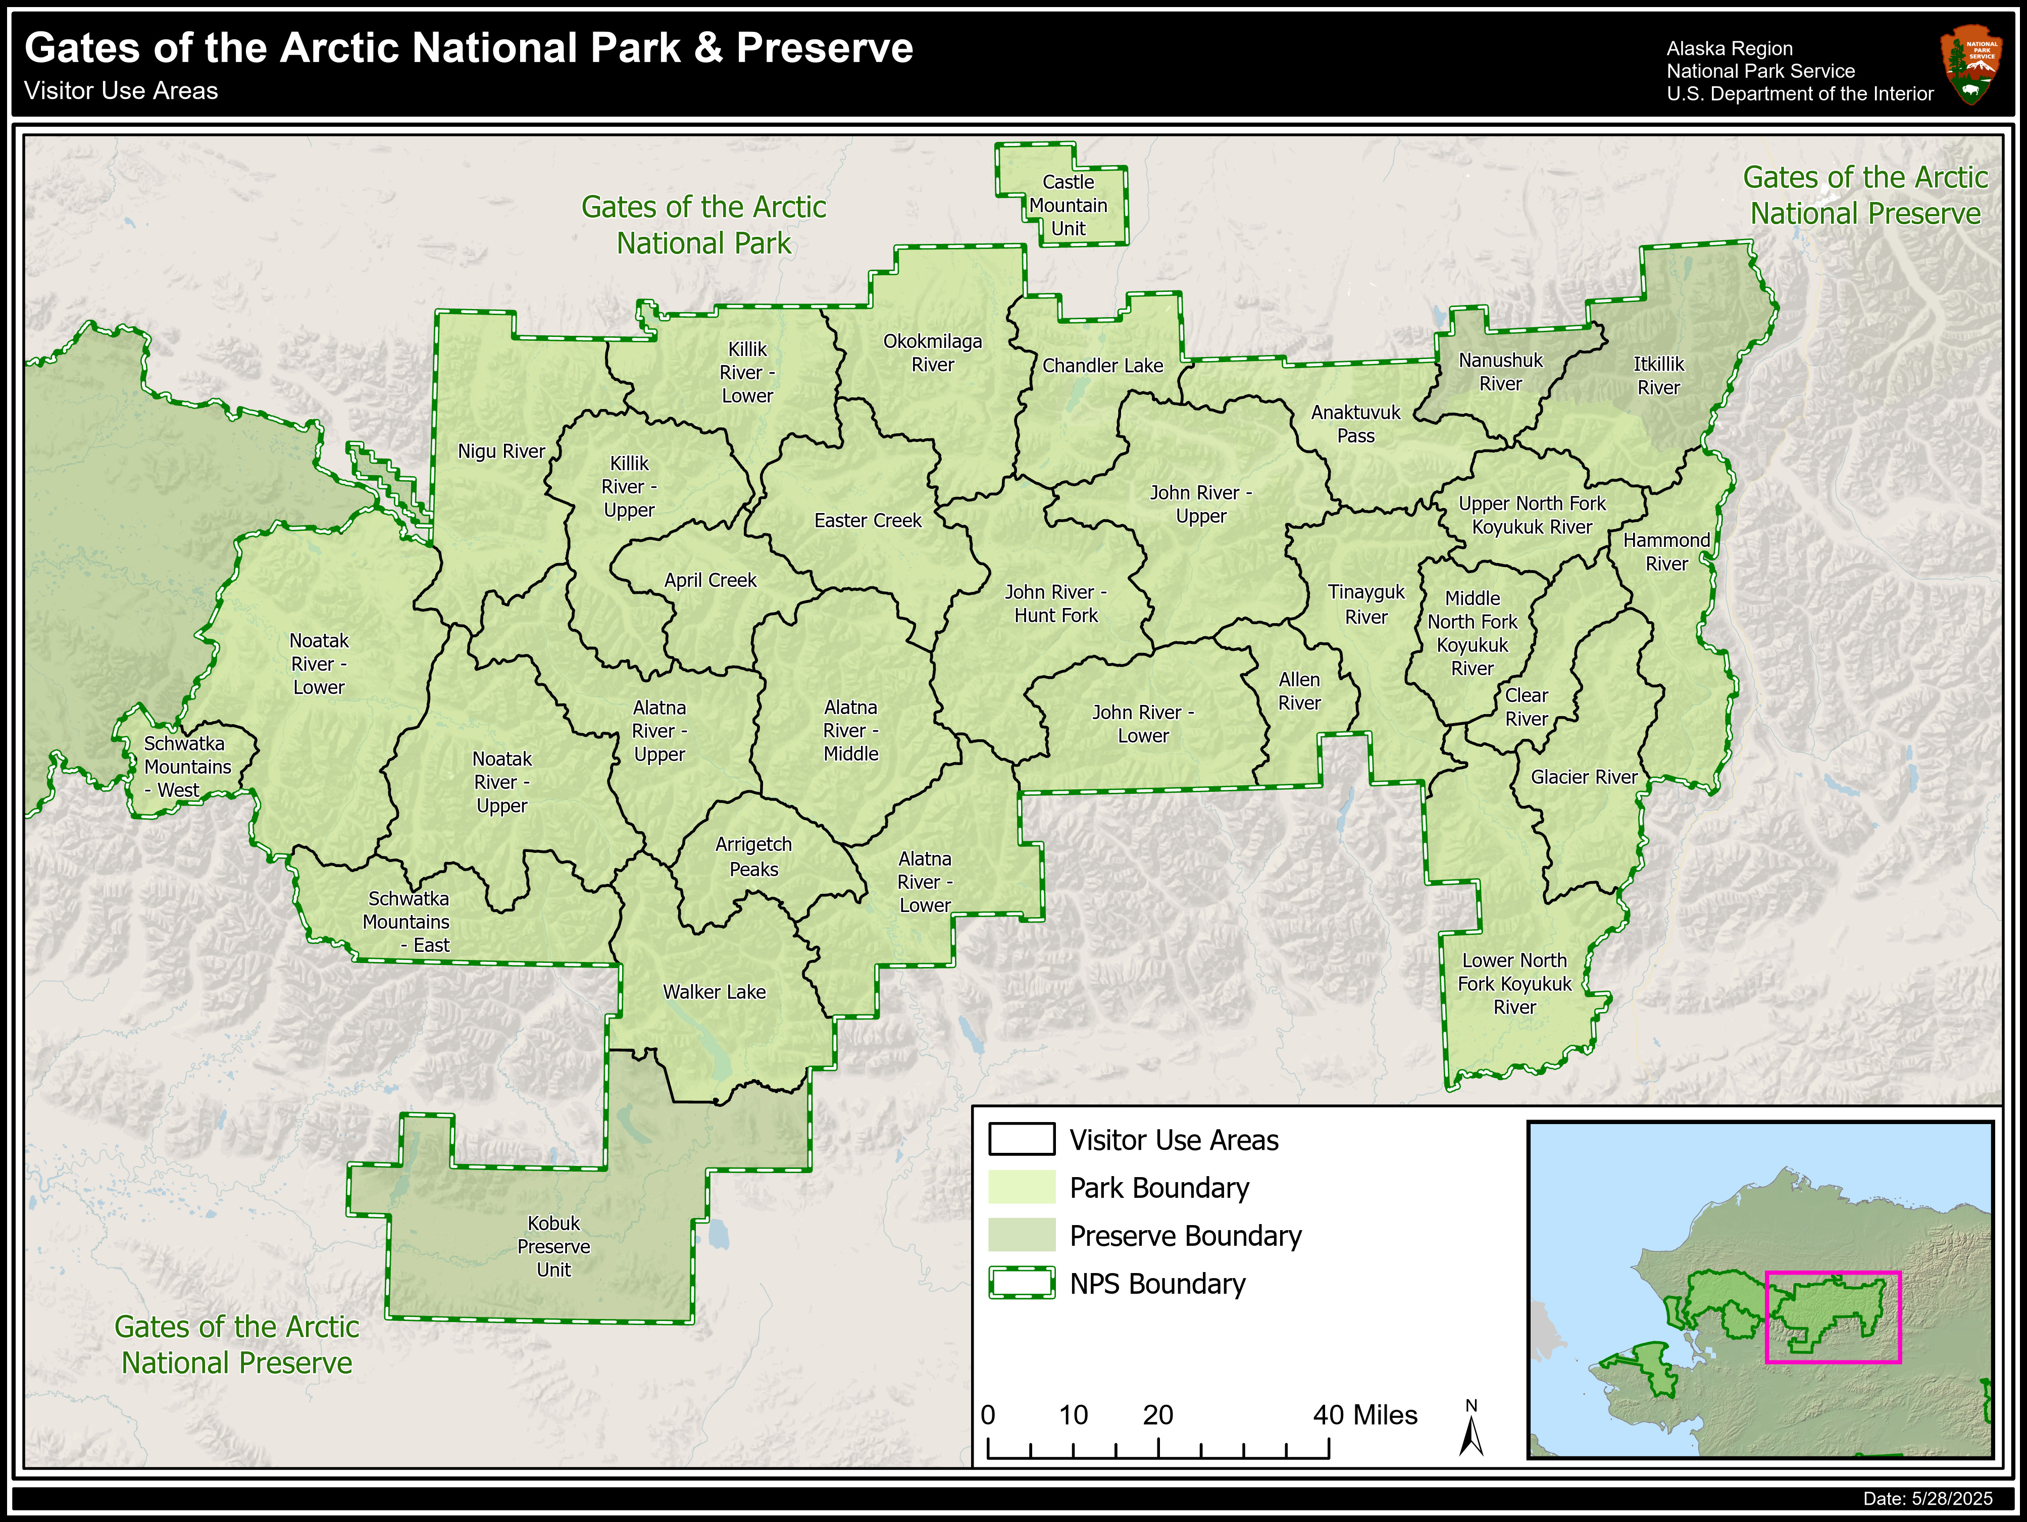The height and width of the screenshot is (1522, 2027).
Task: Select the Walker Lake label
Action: tap(714, 991)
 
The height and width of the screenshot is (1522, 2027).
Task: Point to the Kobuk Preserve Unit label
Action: tap(553, 1246)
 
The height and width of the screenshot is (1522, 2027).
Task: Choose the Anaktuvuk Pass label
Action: tap(1355, 423)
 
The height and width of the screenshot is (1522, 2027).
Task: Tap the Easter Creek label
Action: tap(868, 521)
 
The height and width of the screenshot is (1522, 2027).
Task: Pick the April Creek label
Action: tap(710, 580)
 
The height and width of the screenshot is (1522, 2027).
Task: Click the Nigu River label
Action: tap(501, 451)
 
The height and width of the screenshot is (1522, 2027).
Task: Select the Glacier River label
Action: tap(1584, 777)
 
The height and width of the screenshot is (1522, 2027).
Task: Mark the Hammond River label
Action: tap(1666, 551)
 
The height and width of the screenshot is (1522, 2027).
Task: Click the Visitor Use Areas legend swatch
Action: tap(1021, 1139)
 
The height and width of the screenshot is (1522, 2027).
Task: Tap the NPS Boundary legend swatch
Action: tap(1021, 1283)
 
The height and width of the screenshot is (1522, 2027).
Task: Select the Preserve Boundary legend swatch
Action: tap(1021, 1235)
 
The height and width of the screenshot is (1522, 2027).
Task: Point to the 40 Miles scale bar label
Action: tap(1364, 1415)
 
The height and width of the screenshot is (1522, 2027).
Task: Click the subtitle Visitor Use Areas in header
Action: tap(121, 91)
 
